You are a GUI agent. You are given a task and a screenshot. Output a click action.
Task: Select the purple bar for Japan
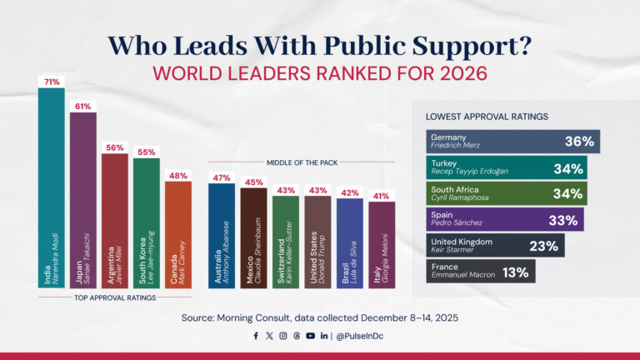click(82, 200)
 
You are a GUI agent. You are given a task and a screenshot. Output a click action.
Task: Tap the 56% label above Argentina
click(114, 147)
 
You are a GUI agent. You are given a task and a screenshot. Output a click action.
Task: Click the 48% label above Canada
click(177, 176)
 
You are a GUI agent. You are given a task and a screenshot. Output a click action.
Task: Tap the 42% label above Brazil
click(349, 192)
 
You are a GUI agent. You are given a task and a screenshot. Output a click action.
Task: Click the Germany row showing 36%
click(512, 142)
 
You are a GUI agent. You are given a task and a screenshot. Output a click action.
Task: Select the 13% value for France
click(519, 272)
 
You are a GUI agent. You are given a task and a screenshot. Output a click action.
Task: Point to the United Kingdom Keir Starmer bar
click(495, 246)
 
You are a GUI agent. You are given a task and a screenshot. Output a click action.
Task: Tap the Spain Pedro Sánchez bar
click(504, 220)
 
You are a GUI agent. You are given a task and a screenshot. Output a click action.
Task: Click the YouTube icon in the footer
click(310, 336)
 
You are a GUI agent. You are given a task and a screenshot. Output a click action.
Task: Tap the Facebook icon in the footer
click(256, 336)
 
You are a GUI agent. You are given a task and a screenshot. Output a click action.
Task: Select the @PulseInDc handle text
click(360, 336)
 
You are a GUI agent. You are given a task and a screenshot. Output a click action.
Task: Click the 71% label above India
click(51, 82)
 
